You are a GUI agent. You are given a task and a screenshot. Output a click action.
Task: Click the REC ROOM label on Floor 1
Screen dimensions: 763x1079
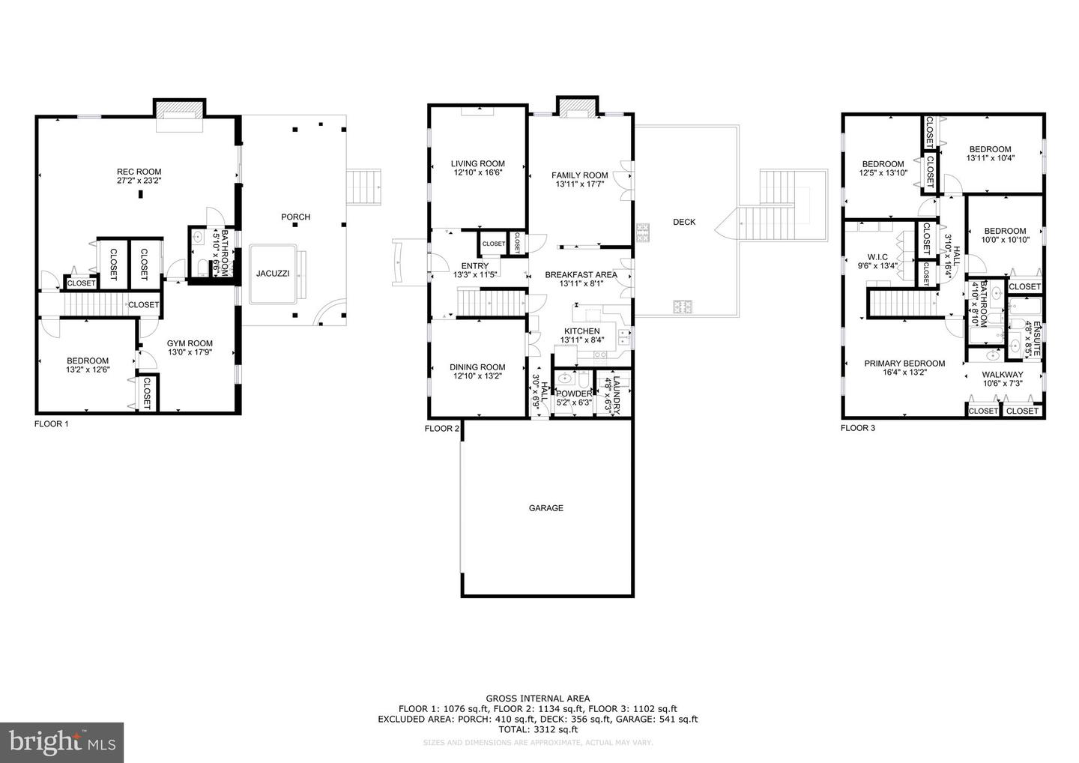pos(139,172)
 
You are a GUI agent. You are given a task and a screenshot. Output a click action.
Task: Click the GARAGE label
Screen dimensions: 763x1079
pos(546,508)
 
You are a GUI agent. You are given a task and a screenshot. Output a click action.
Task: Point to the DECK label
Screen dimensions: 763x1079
pos(683,222)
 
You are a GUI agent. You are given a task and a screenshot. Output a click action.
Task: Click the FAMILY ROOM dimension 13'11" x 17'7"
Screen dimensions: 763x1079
pos(580,184)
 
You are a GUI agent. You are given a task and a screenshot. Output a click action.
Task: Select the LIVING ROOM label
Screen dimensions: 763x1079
pos(477,163)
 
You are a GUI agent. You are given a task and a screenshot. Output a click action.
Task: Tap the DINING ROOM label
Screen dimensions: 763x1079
pos(477,367)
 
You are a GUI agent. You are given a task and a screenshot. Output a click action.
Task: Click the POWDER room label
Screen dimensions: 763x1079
pos(574,393)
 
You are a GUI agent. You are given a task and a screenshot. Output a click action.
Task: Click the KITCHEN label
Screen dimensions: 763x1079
pos(581,331)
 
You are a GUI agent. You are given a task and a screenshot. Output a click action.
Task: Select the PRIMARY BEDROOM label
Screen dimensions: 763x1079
pos(904,364)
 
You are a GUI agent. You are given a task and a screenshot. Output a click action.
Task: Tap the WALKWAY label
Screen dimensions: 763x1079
pos(1002,375)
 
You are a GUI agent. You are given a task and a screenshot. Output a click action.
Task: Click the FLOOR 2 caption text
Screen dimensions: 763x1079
pos(442,429)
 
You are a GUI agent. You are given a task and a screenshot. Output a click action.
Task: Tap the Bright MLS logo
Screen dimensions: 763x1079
pos(61,743)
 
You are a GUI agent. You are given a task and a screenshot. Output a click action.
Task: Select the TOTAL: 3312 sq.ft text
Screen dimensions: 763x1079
pos(537,729)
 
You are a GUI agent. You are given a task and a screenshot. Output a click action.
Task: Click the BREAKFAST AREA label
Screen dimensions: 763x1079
pos(581,274)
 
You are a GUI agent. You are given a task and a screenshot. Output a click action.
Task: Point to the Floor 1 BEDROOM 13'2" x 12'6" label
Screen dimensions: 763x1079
pos(88,361)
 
